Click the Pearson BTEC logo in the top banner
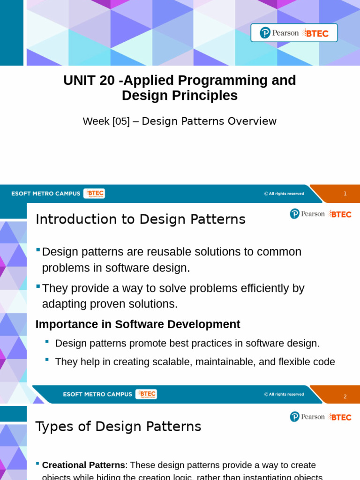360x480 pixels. [294, 33]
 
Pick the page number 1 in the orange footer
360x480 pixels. [345, 194]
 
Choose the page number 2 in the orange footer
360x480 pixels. [345, 397]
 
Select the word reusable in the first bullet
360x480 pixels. [168, 252]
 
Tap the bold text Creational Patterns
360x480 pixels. [83, 465]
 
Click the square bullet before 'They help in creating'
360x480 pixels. [47, 360]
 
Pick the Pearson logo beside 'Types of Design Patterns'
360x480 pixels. [307, 417]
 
